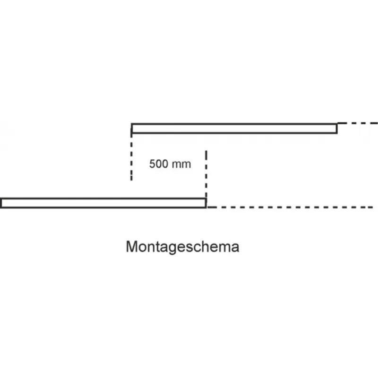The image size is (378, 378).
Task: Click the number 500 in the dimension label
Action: pyautogui.click(x=158, y=164)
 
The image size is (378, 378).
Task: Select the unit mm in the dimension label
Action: pyautogui.click(x=181, y=164)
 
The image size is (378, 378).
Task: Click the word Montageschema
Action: pyautogui.click(x=182, y=247)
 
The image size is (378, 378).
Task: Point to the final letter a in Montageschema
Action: pyautogui.click(x=235, y=247)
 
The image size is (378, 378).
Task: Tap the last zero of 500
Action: pyautogui.click(x=164, y=164)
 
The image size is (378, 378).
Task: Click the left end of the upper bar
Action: pyautogui.click(x=133, y=128)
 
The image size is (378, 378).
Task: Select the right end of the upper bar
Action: pyautogui.click(x=336, y=128)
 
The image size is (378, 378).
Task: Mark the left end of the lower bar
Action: pyautogui.click(x=2, y=203)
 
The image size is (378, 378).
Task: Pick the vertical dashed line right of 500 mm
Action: pyautogui.click(x=206, y=175)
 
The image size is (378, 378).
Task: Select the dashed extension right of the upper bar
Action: pyautogui.click(x=357, y=123)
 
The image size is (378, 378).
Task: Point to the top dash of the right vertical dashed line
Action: pyautogui.click(x=206, y=155)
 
